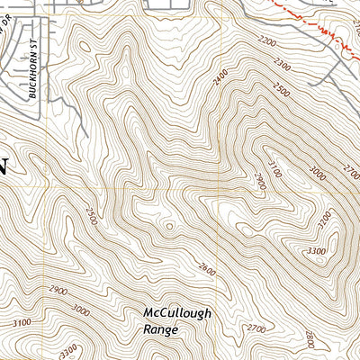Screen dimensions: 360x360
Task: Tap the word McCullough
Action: (x=177, y=313)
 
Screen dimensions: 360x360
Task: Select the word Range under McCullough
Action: (x=160, y=329)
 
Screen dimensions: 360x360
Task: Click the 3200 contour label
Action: (x=325, y=218)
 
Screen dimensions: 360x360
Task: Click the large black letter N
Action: (x=4, y=166)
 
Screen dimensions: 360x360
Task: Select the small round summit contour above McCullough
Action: (x=169, y=225)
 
